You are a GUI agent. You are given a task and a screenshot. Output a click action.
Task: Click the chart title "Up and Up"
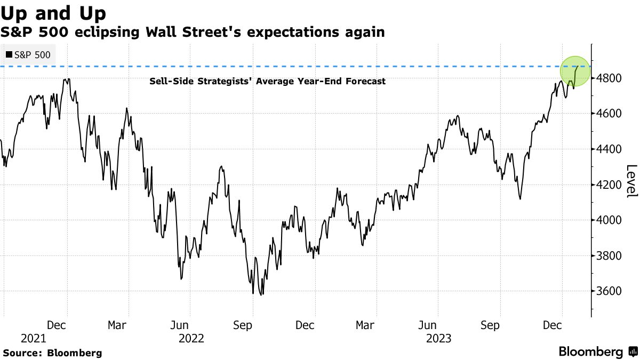click(53, 12)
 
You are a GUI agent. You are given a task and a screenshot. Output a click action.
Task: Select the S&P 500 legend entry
click(28, 54)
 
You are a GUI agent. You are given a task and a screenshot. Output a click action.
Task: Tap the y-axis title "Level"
click(631, 181)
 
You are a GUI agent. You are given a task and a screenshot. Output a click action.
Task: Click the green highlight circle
click(575, 71)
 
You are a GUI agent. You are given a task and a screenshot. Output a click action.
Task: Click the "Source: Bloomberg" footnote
click(52, 353)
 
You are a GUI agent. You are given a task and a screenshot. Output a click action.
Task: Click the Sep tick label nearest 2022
click(243, 325)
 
